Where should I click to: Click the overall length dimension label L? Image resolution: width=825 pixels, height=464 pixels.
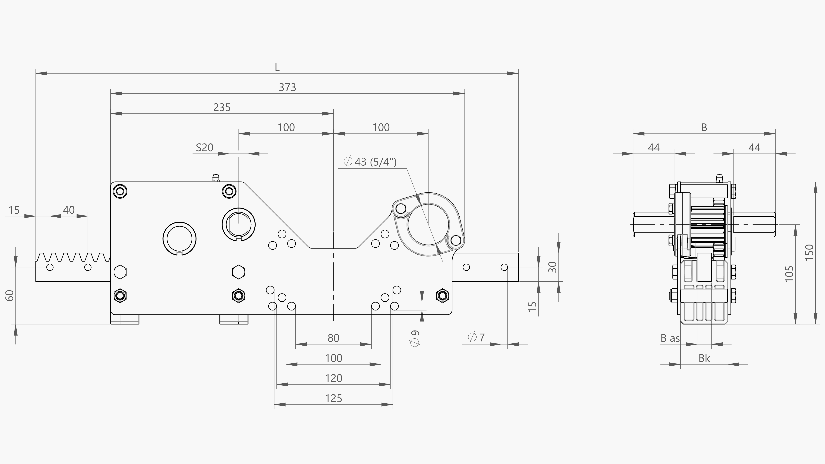coord(277,67)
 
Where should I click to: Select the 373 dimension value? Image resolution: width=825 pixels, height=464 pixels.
coord(287,87)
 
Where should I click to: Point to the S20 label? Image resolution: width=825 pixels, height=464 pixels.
coord(204,148)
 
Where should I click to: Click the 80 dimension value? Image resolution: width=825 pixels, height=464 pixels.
coord(333,338)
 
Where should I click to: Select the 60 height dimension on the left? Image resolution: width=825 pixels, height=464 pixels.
coord(10,295)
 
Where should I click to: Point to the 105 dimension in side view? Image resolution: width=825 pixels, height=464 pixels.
coord(790,274)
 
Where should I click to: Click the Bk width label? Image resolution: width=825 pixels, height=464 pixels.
coord(704,358)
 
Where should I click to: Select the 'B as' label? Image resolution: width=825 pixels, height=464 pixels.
coord(670,338)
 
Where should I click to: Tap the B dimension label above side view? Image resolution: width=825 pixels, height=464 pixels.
coord(704,127)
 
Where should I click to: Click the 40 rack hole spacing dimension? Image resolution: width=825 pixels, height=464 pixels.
coord(69,210)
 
